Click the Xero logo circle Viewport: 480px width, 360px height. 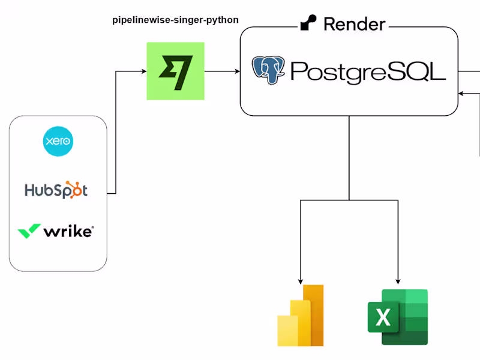click(x=58, y=142)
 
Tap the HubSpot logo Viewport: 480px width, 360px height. click(x=56, y=190)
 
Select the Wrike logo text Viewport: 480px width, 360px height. click(x=68, y=231)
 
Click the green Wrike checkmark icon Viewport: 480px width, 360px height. click(x=29, y=231)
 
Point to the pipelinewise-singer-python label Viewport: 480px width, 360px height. click(x=175, y=20)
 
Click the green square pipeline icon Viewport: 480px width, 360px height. click(x=175, y=71)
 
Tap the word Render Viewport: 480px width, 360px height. click(x=354, y=24)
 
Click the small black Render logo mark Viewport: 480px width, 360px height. click(x=308, y=24)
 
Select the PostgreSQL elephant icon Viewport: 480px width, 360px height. click(x=269, y=70)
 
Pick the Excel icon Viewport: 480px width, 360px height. click(x=398, y=317)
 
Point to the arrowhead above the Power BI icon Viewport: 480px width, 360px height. click(x=301, y=280)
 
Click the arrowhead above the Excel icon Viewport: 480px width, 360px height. click(x=398, y=280)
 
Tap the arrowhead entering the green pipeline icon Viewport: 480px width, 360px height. click(x=143, y=71)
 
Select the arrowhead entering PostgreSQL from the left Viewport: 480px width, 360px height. click(x=236, y=71)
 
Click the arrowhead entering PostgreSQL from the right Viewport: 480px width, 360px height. click(x=461, y=93)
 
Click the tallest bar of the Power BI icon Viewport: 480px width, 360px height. click(x=314, y=315)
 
